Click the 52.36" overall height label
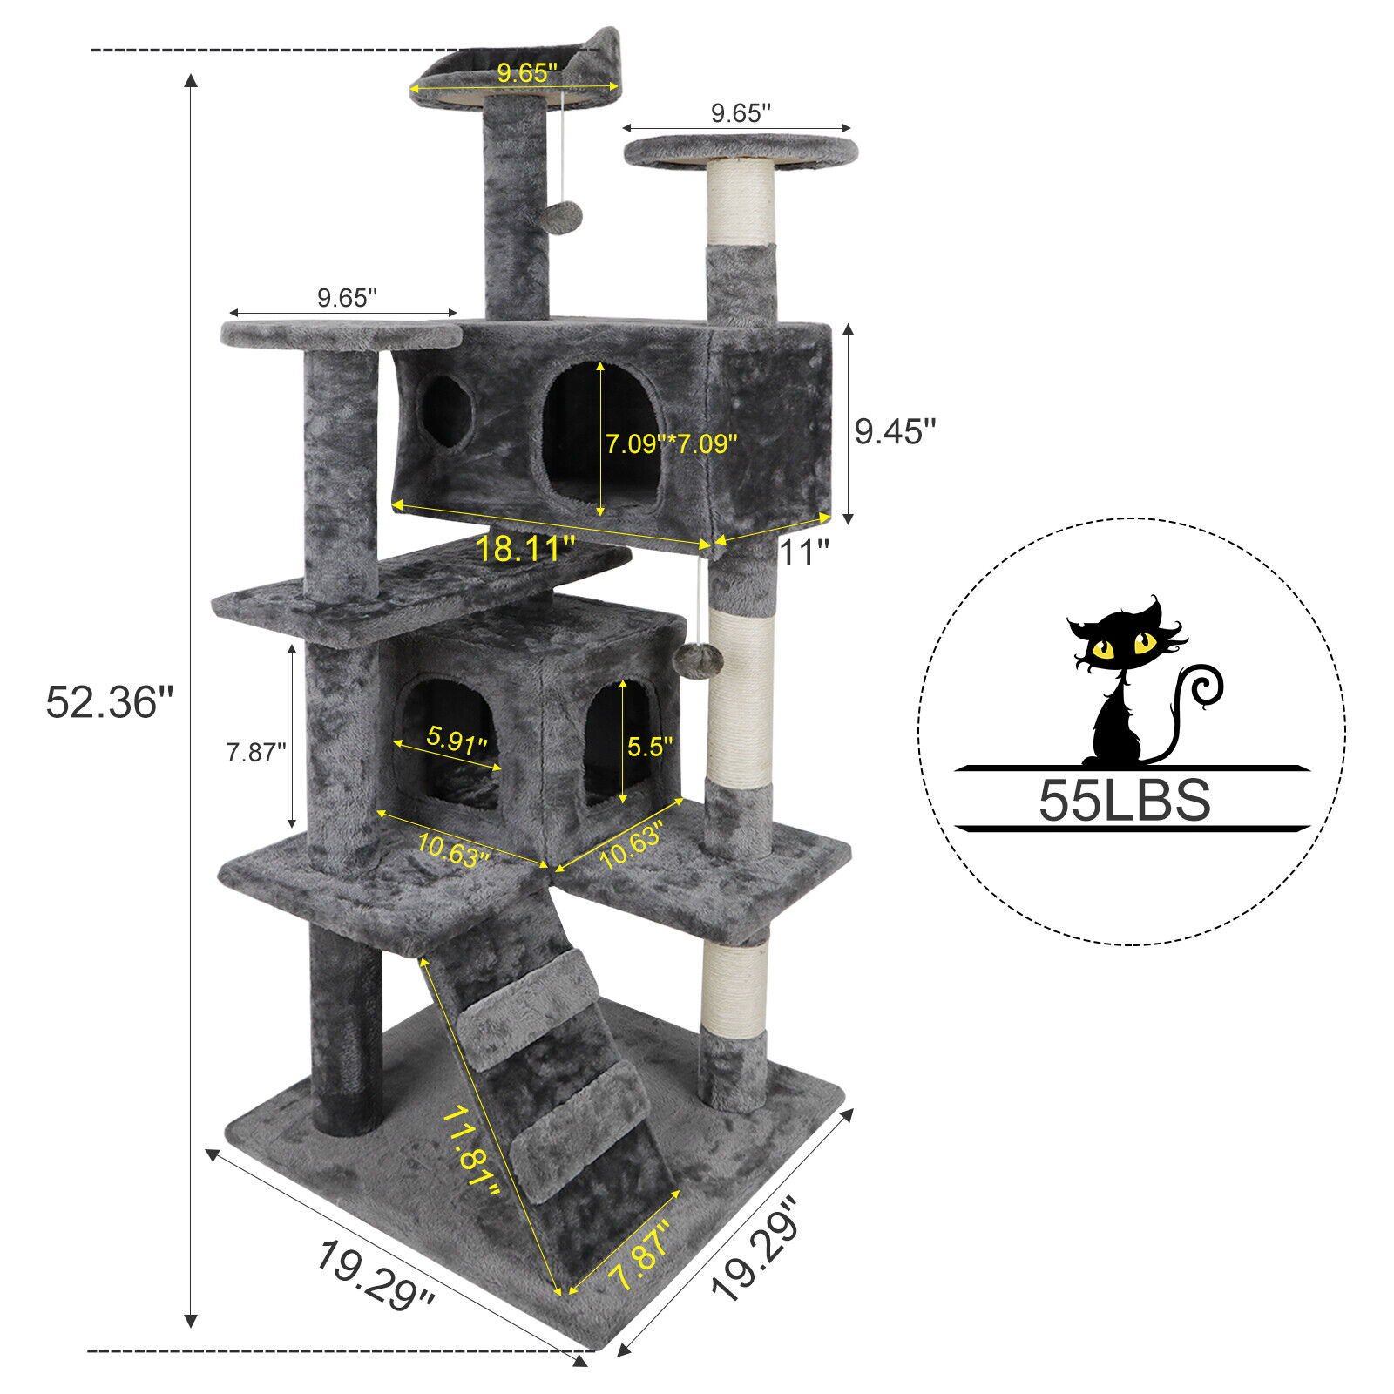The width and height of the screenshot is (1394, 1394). pos(110,702)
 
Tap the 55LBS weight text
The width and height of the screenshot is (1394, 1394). pos(1124,800)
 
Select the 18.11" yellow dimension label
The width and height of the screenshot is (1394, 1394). pos(525,549)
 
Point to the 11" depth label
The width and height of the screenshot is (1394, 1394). pos(803,552)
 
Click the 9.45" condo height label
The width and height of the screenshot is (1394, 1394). pos(895,431)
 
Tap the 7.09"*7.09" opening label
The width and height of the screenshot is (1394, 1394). pos(672,443)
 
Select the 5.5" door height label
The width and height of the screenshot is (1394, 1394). pos(651,747)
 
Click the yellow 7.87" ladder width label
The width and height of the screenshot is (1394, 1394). pos(640,1255)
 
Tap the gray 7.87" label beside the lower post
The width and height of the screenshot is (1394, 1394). pos(256,752)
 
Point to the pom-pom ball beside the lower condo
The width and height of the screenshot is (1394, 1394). pos(702,659)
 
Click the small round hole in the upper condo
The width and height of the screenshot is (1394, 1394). pos(446,411)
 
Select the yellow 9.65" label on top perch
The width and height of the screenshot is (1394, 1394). pos(527,72)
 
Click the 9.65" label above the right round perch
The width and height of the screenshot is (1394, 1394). pos(741,113)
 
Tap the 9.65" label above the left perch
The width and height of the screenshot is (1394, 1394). pos(347,298)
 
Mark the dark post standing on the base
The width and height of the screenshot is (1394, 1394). pos(345,1028)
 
